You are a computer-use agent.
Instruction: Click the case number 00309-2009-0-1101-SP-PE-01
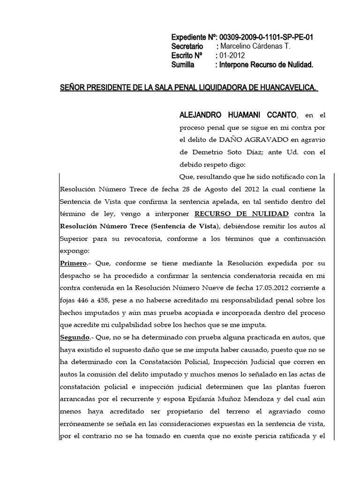point(267,37)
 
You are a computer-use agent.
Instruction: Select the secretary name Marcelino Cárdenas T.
point(255,46)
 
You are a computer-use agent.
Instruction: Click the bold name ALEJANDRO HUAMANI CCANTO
point(238,115)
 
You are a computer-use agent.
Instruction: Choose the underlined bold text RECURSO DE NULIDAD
point(242,214)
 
